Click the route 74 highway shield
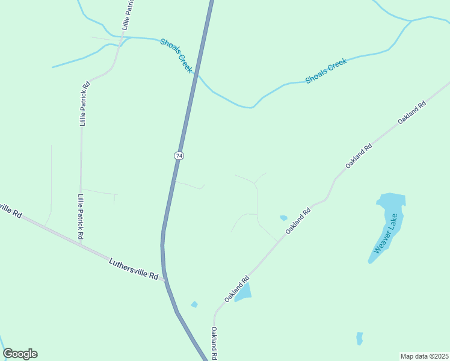pyautogui.click(x=179, y=156)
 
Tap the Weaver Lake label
pyautogui.click(x=386, y=233)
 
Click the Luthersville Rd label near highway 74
pyautogui.click(x=134, y=269)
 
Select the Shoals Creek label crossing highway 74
pyautogui.click(x=176, y=56)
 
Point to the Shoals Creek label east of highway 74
pyautogui.click(x=326, y=71)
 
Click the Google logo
pyautogui.click(x=20, y=354)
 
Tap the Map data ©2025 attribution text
pyautogui.click(x=424, y=356)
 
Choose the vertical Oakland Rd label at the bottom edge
pyautogui.click(x=214, y=343)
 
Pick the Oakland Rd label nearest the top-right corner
pyautogui.click(x=412, y=113)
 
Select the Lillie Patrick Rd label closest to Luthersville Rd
pyautogui.click(x=80, y=215)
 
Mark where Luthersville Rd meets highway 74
pyautogui.click(x=164, y=280)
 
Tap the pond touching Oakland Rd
pyautogui.click(x=243, y=292)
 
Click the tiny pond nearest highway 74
pyautogui.click(x=194, y=304)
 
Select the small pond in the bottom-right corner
pyautogui.click(x=360, y=338)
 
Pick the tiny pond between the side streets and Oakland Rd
pyautogui.click(x=283, y=218)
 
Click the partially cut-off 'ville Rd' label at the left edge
pyautogui.click(x=10, y=211)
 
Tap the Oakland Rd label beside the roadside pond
pyautogui.click(x=237, y=289)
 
